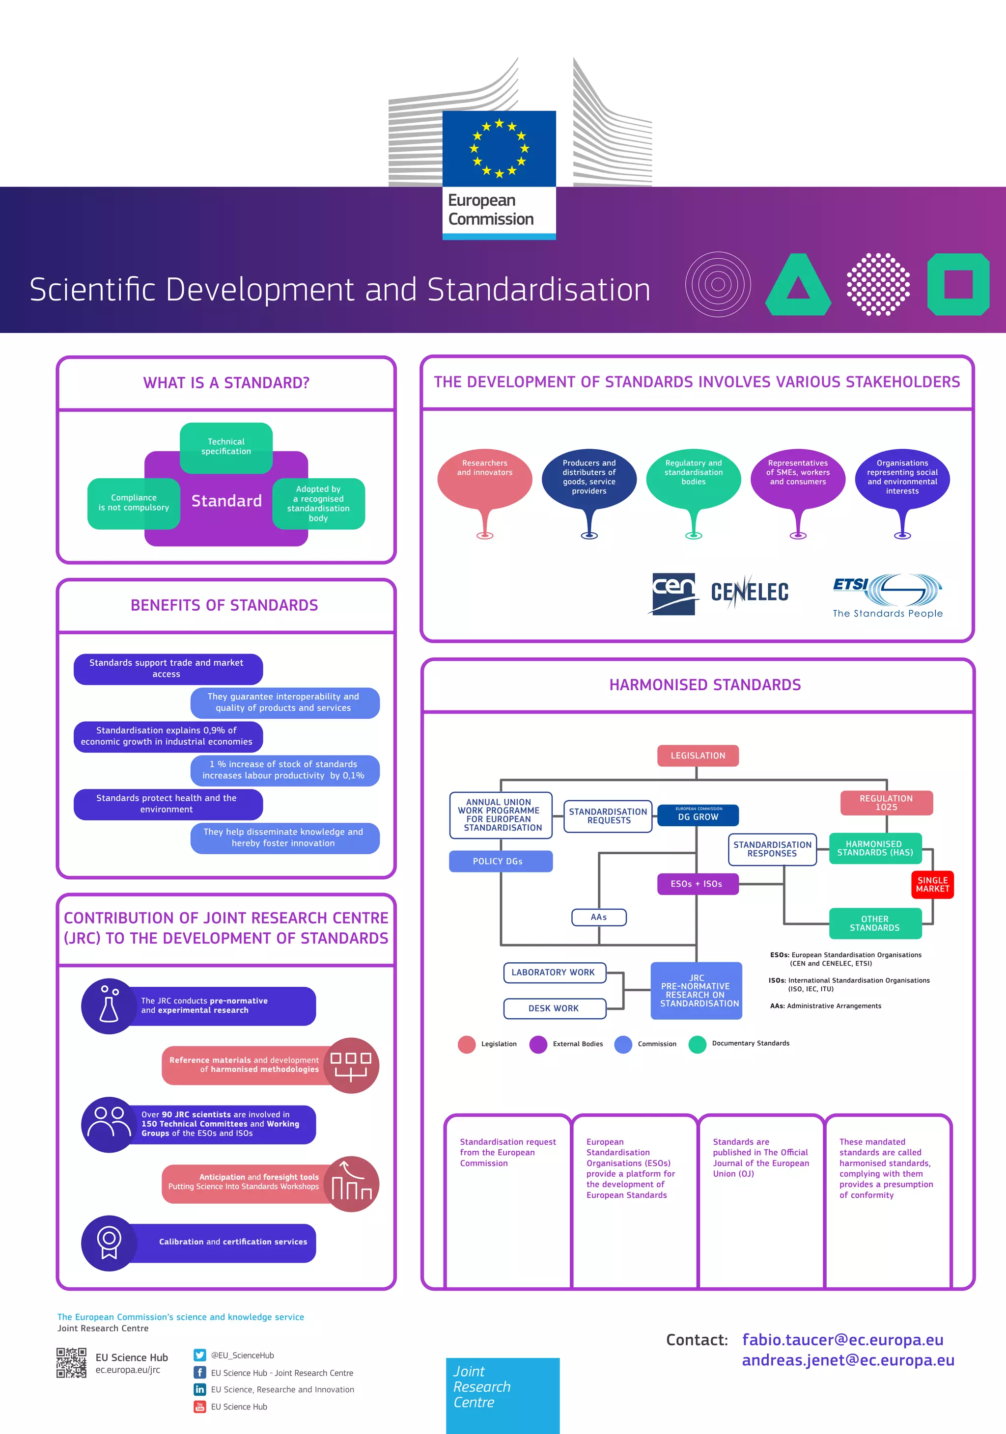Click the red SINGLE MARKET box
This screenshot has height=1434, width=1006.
tap(932, 884)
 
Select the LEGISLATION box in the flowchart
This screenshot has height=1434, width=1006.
tap(698, 756)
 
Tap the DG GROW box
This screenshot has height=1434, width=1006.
tap(698, 815)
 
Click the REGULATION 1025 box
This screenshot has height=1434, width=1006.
tap(886, 803)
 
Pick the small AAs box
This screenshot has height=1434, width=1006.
tap(599, 917)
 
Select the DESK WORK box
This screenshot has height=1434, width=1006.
tap(554, 1008)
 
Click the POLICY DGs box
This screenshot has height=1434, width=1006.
tap(501, 861)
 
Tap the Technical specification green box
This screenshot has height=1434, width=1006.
tap(226, 447)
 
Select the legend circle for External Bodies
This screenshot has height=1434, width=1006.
tap(538, 1044)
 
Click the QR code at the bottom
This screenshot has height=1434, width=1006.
tap(71, 1362)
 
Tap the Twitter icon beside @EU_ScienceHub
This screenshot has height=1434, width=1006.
tap(199, 1354)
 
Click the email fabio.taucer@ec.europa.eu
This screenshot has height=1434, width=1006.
tap(842, 1340)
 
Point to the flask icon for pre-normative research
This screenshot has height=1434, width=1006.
tap(109, 1005)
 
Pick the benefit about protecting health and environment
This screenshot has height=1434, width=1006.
tap(168, 804)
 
